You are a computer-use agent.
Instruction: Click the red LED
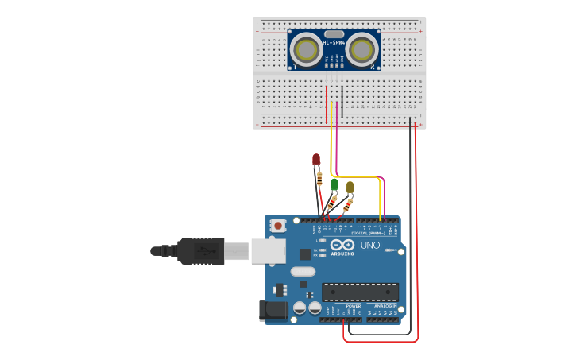click(x=316, y=160)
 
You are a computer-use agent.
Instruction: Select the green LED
click(x=334, y=184)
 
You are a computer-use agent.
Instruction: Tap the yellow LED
click(x=350, y=187)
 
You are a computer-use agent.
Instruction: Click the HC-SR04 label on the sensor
click(x=334, y=42)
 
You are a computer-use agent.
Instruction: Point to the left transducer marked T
click(x=306, y=51)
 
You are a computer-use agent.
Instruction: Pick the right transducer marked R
click(x=361, y=51)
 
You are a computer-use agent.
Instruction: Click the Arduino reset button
click(x=278, y=226)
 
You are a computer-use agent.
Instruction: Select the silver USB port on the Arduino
click(x=268, y=251)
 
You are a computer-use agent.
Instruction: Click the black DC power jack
click(x=273, y=311)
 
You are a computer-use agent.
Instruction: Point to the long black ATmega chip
click(x=360, y=292)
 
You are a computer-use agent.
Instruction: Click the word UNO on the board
click(x=370, y=245)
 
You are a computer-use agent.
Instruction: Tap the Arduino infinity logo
click(x=343, y=245)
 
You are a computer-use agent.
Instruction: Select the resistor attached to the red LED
click(x=319, y=179)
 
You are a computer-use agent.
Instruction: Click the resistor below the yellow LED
click(x=347, y=205)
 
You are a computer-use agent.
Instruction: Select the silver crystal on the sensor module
click(x=334, y=33)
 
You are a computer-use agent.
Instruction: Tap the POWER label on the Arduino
click(x=354, y=306)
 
